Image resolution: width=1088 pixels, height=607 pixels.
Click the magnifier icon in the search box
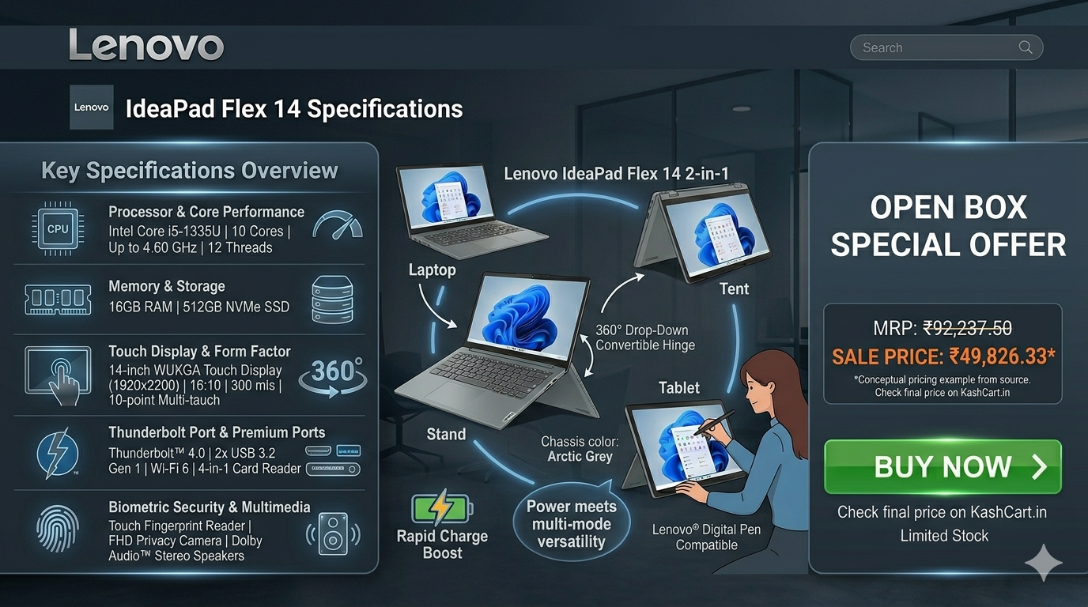tap(1025, 47)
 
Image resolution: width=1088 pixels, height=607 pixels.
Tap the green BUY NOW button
tap(943, 466)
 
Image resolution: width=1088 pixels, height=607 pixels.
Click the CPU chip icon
tap(58, 228)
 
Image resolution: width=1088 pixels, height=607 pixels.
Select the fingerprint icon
tap(57, 528)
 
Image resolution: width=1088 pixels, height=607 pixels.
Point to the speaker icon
tap(333, 533)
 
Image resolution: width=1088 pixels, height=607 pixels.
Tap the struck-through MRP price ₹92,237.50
tap(967, 328)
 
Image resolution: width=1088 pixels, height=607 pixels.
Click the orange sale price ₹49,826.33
tap(1000, 356)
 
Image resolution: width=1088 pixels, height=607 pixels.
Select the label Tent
tap(734, 289)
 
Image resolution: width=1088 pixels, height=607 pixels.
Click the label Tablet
tap(679, 387)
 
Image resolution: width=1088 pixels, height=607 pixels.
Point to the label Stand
tap(446, 434)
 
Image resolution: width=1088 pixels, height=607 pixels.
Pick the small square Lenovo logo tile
tap(91, 107)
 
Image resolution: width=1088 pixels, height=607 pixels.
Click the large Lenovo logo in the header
tap(146, 45)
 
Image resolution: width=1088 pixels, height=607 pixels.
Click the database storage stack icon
tap(332, 299)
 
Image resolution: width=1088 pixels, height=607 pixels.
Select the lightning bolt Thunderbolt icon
tap(57, 454)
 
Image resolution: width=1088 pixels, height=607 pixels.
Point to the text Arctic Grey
tap(580, 457)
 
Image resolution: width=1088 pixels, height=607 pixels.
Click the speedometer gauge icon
tap(338, 224)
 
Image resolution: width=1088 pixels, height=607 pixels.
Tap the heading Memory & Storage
tap(167, 286)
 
